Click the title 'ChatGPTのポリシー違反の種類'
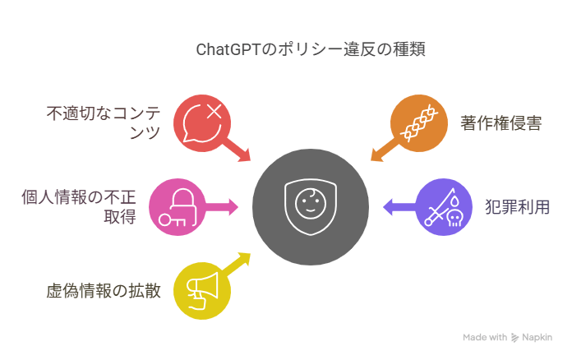click(311, 48)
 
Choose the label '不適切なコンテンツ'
click(104, 122)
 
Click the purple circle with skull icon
click(441, 206)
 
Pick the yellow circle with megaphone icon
click(202, 289)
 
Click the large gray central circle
click(310, 206)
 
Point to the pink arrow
click(223, 206)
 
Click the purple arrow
click(396, 206)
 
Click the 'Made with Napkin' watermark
click(506, 337)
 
